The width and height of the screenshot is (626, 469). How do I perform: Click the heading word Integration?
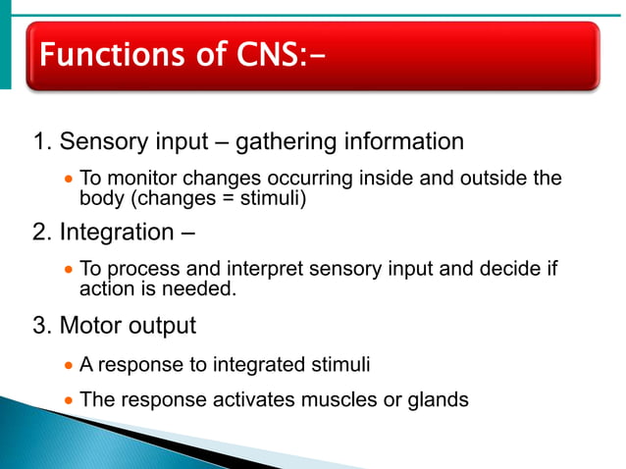point(117,234)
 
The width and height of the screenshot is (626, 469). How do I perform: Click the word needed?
point(203,288)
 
